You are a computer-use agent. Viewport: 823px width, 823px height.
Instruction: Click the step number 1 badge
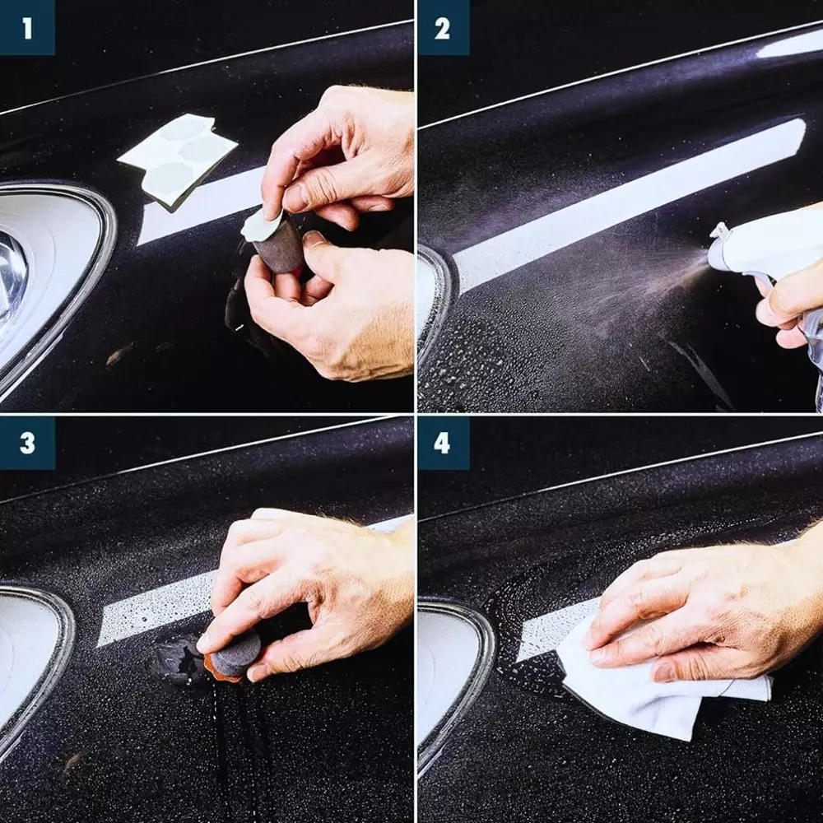click(27, 27)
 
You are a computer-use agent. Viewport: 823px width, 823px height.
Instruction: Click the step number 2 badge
click(443, 27)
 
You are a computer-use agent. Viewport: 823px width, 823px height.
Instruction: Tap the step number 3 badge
click(27, 443)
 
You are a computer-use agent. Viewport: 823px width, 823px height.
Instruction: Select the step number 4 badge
click(443, 443)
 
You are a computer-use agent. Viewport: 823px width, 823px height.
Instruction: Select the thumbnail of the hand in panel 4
click(664, 672)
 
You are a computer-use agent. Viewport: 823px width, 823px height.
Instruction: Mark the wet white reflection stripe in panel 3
click(157, 609)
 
